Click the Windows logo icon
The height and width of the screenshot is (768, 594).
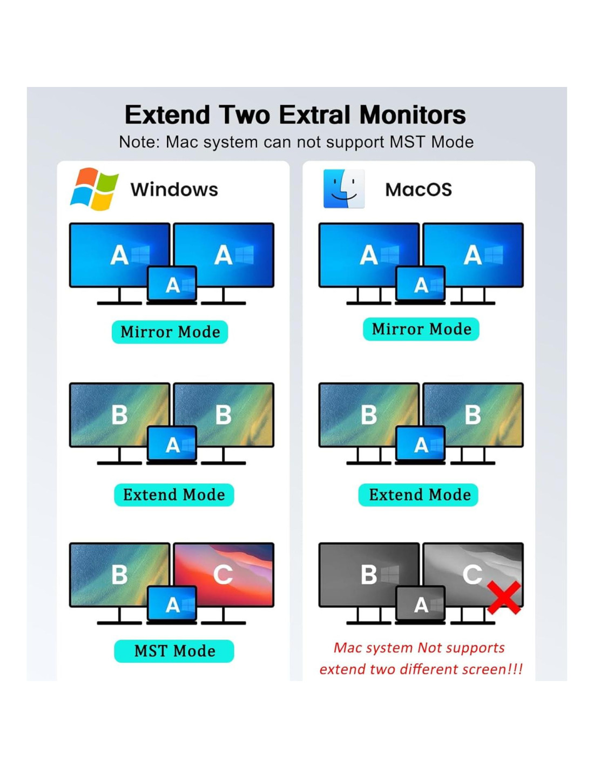point(94,189)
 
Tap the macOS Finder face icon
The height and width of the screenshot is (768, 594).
point(344,189)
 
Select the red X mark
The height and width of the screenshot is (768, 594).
point(504,597)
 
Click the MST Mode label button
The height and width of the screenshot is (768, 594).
point(174,651)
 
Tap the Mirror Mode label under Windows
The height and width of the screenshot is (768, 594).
point(170,332)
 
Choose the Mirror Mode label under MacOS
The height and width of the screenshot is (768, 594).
point(421,329)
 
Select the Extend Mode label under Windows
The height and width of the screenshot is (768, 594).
point(174,495)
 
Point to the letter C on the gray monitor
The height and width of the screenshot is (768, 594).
point(472,575)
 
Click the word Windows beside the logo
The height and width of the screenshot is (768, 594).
point(174,190)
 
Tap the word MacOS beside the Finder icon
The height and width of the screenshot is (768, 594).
point(418,190)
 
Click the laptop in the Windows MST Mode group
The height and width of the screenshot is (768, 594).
point(172,605)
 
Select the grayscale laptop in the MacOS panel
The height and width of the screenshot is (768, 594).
point(421,605)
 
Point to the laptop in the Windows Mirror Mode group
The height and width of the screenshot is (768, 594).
point(172,285)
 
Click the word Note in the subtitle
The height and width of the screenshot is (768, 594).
point(139,142)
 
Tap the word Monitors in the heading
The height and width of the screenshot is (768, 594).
point(413,115)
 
